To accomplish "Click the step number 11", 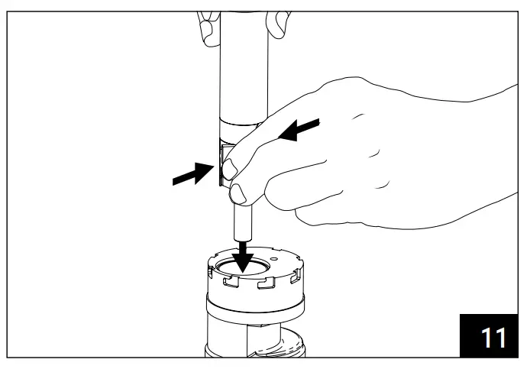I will tap(493, 337).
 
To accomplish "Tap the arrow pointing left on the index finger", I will tap(299, 129).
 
